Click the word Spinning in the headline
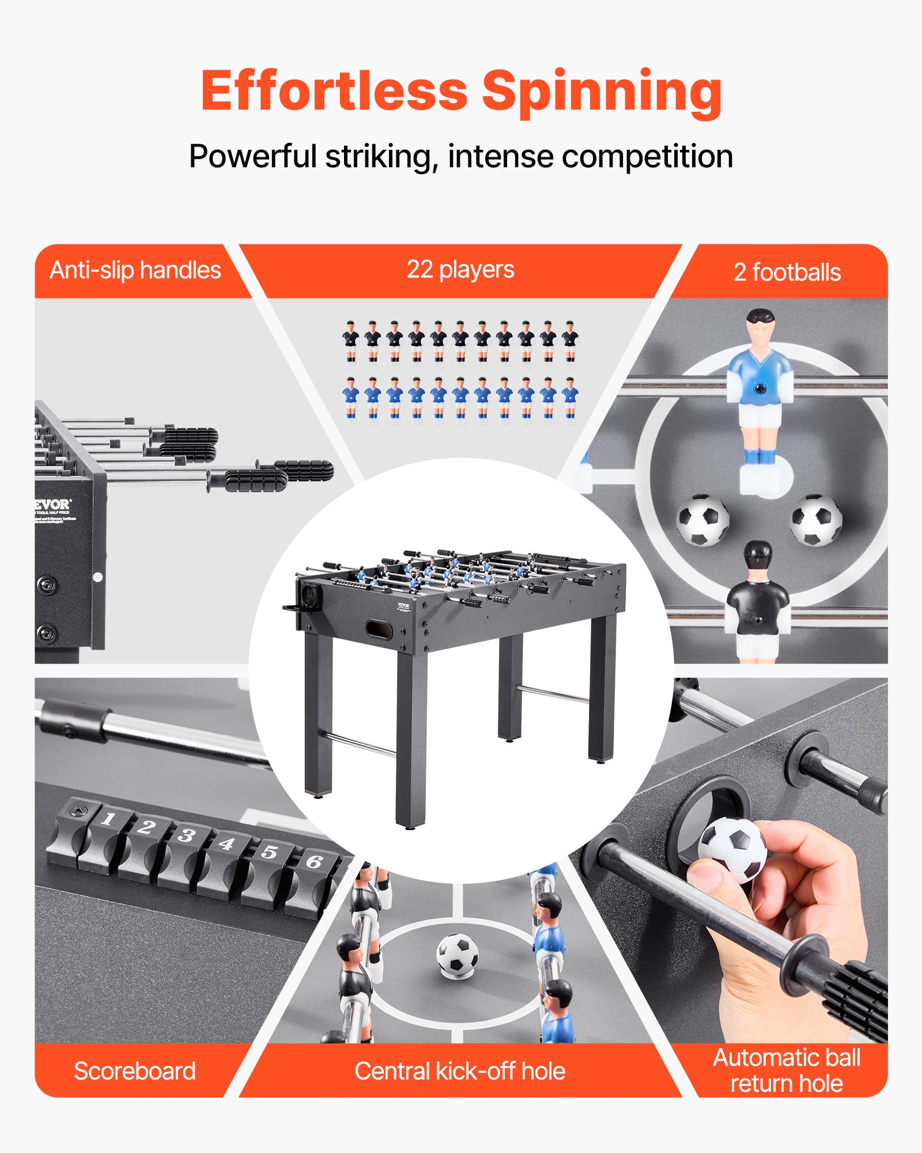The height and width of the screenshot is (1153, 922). click(602, 92)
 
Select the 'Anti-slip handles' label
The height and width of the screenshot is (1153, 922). click(135, 270)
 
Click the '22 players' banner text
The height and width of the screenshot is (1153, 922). click(460, 269)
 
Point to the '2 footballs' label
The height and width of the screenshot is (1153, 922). click(787, 273)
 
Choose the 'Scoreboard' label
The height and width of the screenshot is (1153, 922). click(135, 1071)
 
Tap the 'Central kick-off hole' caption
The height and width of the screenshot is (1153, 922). click(460, 1071)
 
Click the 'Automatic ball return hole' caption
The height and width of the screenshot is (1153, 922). click(787, 1071)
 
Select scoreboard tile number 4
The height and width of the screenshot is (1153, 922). click(226, 845)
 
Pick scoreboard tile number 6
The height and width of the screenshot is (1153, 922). click(313, 862)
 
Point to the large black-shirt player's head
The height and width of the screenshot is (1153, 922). click(758, 556)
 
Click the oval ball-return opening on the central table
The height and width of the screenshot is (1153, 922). click(379, 629)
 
